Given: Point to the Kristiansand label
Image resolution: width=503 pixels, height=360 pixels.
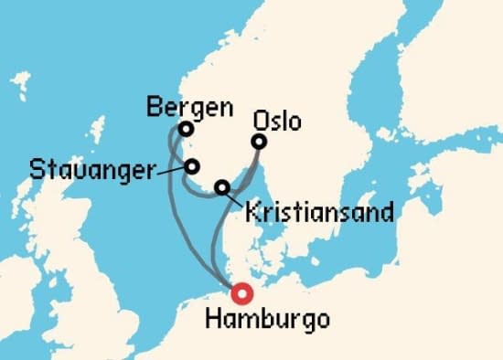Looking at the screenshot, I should point(319,214).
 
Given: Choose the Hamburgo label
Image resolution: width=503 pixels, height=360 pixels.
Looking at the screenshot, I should point(264,320).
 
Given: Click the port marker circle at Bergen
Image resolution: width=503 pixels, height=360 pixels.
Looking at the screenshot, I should point(186,130).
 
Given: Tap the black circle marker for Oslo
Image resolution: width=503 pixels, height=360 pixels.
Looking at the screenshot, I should point(260,142).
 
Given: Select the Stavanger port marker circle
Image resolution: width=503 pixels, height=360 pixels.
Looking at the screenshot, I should point(193,166).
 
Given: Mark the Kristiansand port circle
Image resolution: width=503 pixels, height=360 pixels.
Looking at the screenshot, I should point(222,188).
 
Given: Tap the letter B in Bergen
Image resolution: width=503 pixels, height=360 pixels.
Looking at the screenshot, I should point(155,107).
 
